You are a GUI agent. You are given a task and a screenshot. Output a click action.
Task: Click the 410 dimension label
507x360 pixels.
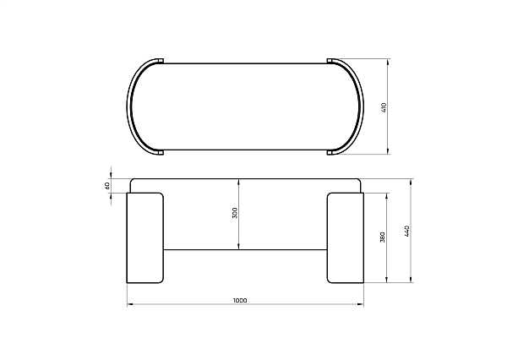384,107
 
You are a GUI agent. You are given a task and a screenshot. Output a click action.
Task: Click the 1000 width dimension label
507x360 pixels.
240,301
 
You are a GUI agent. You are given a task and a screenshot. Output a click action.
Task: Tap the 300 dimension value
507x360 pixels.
235,213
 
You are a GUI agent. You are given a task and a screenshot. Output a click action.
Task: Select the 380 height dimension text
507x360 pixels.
382,237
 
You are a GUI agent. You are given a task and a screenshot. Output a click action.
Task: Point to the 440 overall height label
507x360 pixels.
407,231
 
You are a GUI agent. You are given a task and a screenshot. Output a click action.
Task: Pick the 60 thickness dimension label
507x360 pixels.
107,186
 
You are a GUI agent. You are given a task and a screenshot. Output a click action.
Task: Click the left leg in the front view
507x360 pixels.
144,238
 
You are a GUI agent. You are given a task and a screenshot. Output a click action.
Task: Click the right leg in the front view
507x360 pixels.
346,238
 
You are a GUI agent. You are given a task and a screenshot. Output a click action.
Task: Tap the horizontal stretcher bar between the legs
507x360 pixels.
245,249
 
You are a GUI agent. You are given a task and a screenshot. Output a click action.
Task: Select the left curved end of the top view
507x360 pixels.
129,106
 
